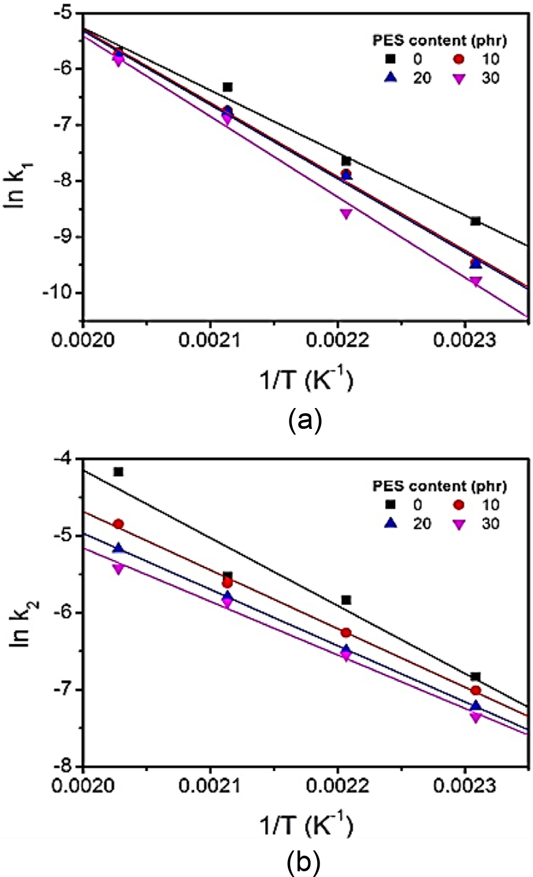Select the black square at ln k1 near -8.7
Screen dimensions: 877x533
(475, 221)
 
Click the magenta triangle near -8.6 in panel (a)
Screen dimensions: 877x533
(346, 213)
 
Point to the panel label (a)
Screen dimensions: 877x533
(304, 418)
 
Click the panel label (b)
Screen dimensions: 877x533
(304, 863)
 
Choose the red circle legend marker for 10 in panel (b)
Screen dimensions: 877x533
(459, 504)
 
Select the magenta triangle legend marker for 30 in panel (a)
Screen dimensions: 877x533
(459, 79)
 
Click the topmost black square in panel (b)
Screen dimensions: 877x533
(118, 472)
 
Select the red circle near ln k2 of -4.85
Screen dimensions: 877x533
(118, 524)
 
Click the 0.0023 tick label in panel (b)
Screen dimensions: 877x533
(465, 785)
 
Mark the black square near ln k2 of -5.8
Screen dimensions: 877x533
(346, 600)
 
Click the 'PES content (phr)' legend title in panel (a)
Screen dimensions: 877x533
(439, 40)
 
